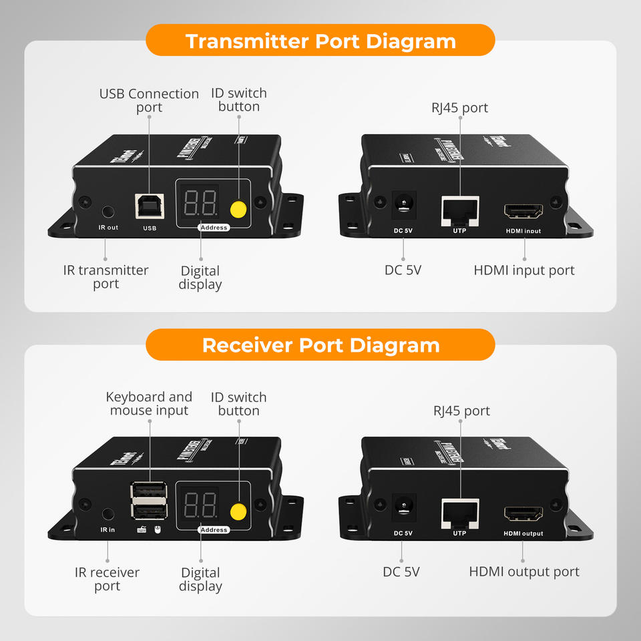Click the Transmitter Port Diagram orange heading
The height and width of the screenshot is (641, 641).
[x=320, y=41]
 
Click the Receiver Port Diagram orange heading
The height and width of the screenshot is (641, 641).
[x=320, y=345]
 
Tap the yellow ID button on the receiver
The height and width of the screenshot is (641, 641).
[x=238, y=512]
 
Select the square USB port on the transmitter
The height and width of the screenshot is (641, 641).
[x=149, y=206]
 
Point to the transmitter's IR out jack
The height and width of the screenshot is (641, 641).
[x=108, y=212]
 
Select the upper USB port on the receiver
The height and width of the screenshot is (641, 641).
[x=148, y=493]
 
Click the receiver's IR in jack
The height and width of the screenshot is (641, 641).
[x=108, y=514]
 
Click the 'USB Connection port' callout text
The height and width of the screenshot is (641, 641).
[x=149, y=100]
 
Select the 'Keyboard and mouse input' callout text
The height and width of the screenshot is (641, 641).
[x=149, y=403]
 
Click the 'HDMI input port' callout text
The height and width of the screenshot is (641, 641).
[x=524, y=270]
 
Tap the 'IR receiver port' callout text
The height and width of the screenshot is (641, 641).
[x=107, y=579]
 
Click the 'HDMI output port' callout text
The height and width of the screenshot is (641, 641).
[x=524, y=572]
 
